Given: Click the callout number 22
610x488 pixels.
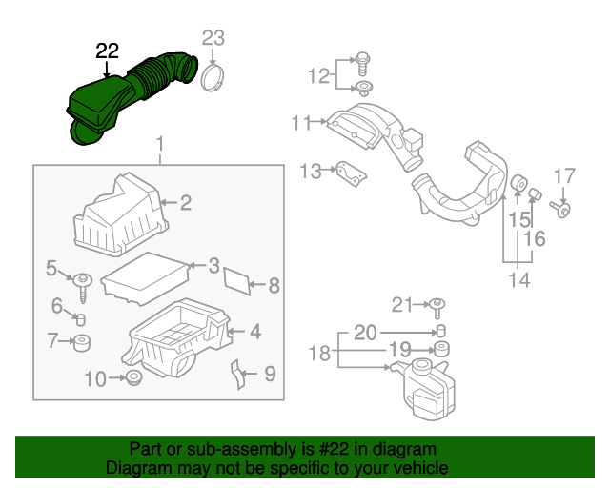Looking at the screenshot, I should click(x=108, y=51).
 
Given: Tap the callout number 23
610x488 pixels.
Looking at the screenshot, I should click(x=213, y=38).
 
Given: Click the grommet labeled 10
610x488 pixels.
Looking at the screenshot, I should click(x=133, y=379).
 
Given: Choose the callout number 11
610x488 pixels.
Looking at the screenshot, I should click(x=302, y=122).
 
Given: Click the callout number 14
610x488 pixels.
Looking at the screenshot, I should click(x=519, y=279).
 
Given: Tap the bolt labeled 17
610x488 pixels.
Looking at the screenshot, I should click(x=564, y=208).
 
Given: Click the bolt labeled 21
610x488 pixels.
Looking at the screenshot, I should click(x=437, y=305).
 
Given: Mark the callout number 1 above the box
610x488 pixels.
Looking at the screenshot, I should click(x=160, y=145).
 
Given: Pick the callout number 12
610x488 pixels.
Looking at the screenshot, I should click(x=317, y=74).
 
